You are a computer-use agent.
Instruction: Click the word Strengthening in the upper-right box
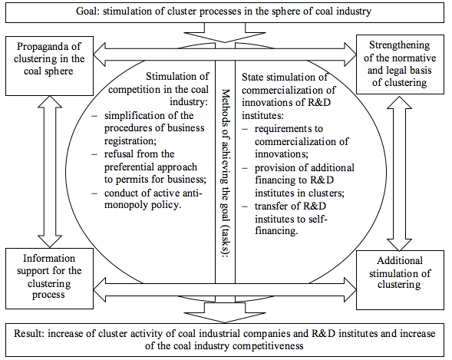(x=400, y=45)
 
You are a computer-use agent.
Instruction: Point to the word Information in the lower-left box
(x=49, y=258)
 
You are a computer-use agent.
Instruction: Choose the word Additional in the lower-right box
(x=400, y=260)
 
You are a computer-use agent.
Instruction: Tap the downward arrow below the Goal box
(x=225, y=32)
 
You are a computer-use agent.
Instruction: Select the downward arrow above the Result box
(x=225, y=312)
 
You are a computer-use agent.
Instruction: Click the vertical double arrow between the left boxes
(x=50, y=171)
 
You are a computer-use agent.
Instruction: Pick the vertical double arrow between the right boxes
(x=399, y=173)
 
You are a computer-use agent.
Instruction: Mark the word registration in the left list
(x=128, y=141)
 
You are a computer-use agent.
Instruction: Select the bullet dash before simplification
(x=94, y=116)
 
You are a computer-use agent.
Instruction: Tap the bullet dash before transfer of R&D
(x=245, y=206)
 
